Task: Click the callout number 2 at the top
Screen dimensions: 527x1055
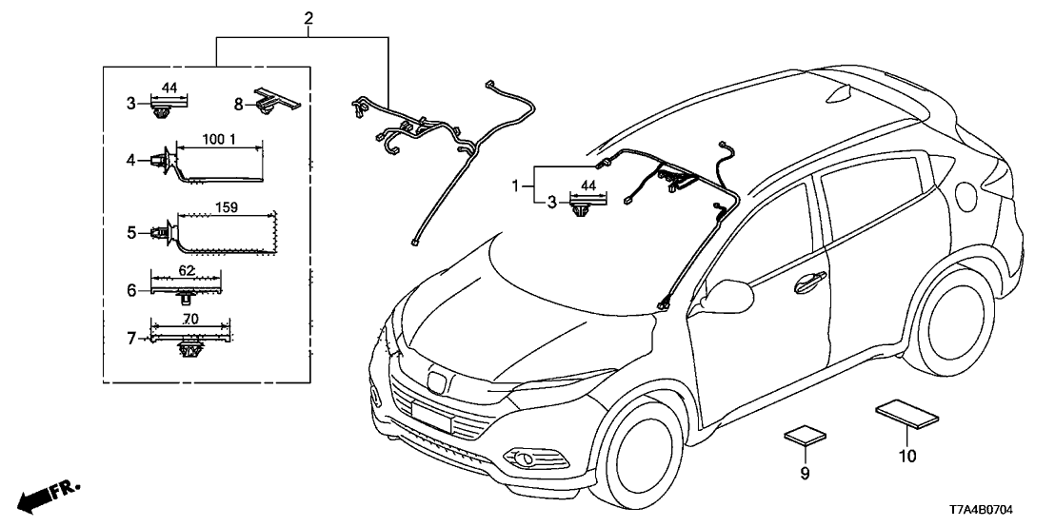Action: point(309,18)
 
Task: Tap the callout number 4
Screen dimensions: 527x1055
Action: point(131,161)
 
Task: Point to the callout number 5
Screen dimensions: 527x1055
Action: point(131,231)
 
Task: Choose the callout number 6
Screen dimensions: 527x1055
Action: point(131,290)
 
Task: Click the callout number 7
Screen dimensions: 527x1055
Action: point(131,337)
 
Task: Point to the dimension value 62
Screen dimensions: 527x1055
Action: point(187,271)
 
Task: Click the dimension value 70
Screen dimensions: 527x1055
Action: point(190,320)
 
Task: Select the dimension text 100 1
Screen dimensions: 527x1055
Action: point(219,140)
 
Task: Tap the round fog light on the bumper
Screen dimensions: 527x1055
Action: point(524,460)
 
